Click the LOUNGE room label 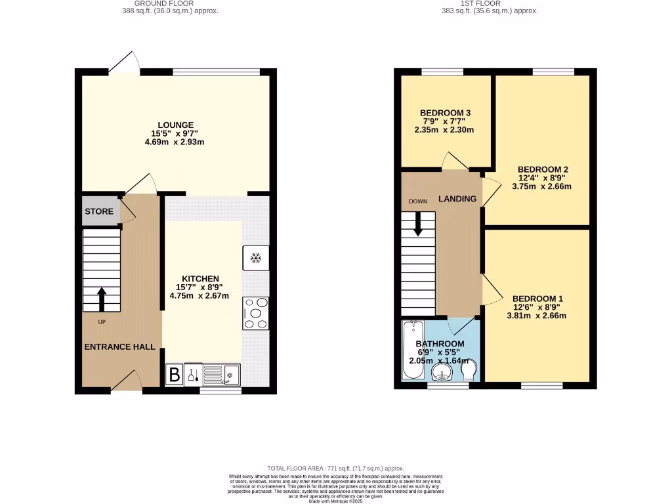[x=175, y=125]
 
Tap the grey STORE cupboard [x=99, y=211]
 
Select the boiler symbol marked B [x=175, y=375]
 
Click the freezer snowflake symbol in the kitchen [x=256, y=258]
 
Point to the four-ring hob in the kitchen [x=256, y=313]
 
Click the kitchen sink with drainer [x=222, y=375]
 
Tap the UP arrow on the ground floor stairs [x=102, y=299]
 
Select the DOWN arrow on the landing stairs [x=417, y=224]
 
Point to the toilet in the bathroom [x=469, y=371]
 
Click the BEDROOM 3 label [x=444, y=113]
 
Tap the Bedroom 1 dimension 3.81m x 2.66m [x=536, y=316]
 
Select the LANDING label [x=457, y=198]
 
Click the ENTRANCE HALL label [x=119, y=346]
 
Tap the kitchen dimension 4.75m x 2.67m [x=199, y=295]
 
